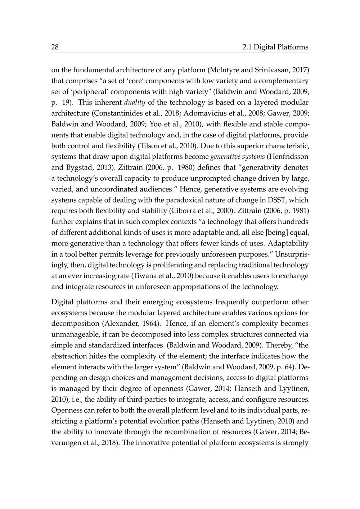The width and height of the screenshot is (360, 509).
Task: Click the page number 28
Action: tap(55, 47)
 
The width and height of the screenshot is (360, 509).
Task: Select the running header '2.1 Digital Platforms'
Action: tap(275, 47)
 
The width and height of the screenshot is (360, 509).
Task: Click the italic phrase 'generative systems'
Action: tap(233, 157)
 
